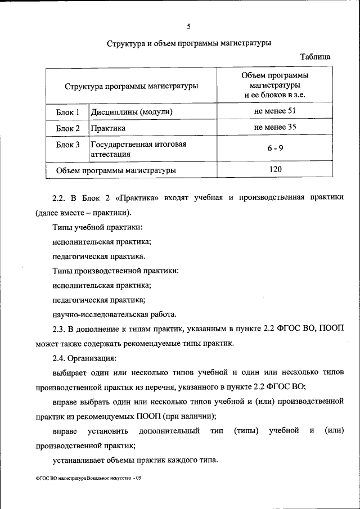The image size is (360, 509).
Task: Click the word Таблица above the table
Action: click(315, 57)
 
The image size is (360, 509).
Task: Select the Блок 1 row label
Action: click(67, 112)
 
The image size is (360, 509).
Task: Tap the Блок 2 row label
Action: click(67, 128)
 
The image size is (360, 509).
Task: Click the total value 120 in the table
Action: click(274, 169)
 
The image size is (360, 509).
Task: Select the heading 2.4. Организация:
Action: click(84, 357)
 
